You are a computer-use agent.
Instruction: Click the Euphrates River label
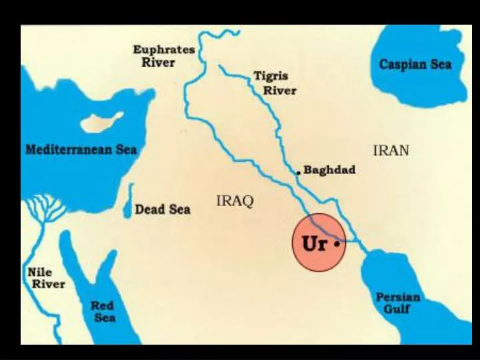[x=163, y=56]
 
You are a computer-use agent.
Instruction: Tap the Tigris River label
[x=274, y=83]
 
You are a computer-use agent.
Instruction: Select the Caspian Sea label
[x=415, y=65]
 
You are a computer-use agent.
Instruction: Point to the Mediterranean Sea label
[x=81, y=149]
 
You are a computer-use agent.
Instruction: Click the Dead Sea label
[x=162, y=209]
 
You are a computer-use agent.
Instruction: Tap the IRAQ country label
[x=235, y=201]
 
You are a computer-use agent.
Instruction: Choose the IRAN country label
[x=391, y=151]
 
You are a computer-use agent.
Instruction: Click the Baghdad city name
[x=329, y=170]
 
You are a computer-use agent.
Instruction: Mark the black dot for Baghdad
[x=299, y=172]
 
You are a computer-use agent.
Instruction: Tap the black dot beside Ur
[x=337, y=244]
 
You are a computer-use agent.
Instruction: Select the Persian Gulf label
[x=398, y=303]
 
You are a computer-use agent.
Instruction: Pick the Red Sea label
[x=103, y=311]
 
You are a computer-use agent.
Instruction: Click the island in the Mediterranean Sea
[x=101, y=123]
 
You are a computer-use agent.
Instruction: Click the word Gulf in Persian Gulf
[x=397, y=309]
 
